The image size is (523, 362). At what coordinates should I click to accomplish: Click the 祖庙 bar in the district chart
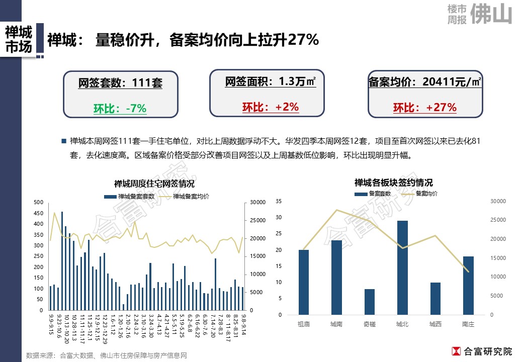pos(304,282)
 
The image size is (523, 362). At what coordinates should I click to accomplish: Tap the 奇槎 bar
pos(369,302)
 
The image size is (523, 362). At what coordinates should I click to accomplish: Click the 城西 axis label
pos(435,325)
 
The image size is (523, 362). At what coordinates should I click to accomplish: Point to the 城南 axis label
pos(336,325)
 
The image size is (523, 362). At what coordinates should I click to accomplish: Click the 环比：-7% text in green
pos(120,108)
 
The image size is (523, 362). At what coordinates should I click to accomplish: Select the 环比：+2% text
pos(271,107)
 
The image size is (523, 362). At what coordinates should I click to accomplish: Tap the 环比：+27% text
pos(425,108)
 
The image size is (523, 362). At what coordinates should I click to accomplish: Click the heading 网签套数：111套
pos(120,83)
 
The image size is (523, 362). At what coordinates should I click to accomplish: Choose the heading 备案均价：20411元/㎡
pos(425,82)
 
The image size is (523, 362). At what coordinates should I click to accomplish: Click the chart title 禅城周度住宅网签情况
pos(154,184)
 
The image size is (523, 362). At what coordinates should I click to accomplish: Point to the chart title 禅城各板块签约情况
pos(393,183)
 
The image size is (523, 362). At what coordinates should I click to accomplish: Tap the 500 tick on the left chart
pos(38,202)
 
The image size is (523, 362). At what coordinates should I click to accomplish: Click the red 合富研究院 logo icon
pos(456,351)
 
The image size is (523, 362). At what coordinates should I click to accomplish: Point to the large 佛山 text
pos(491,14)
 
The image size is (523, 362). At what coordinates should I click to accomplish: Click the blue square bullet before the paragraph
pos(63,141)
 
